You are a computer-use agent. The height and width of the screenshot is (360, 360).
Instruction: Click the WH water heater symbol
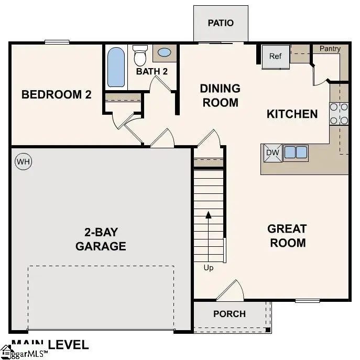24,161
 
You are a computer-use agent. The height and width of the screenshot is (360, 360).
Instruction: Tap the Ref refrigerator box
276,57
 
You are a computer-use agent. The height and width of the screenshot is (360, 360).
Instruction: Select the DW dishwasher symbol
272,152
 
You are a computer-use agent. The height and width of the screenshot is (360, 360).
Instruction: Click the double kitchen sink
296,152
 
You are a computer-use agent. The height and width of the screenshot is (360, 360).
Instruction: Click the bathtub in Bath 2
116,67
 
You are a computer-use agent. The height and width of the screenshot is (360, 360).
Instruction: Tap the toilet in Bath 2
140,54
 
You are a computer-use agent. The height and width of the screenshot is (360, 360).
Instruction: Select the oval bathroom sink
164,53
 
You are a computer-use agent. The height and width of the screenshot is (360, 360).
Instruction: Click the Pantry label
330,49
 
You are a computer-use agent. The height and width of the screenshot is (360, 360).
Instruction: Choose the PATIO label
220,23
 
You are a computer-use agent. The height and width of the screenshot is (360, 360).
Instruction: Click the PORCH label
230,314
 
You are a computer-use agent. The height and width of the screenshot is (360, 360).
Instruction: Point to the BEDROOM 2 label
56,95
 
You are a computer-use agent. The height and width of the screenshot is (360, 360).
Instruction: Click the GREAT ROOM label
287,236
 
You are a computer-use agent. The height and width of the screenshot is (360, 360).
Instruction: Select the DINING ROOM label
220,95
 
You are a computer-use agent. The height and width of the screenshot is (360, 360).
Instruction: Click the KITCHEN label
292,114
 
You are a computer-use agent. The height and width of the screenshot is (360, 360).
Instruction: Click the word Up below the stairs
209,268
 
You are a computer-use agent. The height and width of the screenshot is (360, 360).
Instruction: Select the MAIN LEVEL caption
50,344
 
